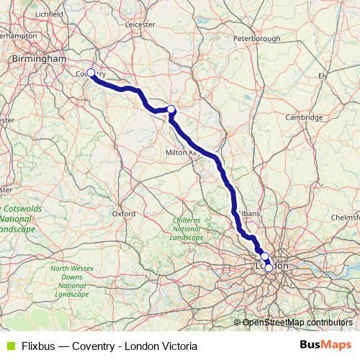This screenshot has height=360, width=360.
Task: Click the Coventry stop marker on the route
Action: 91,73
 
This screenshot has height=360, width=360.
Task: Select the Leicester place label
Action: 140,23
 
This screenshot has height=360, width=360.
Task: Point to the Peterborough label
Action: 256,58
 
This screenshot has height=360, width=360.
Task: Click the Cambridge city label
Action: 303,117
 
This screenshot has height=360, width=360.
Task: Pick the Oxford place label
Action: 124,213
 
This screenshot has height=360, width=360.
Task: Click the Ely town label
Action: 323,75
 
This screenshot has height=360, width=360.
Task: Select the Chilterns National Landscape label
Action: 187,228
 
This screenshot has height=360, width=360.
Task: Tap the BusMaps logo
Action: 326,345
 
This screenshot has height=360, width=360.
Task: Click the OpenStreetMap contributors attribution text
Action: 297,323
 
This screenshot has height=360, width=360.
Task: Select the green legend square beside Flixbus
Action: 9,346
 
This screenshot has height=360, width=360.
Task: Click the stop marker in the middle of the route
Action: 171,109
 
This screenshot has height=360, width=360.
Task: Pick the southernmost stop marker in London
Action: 269,268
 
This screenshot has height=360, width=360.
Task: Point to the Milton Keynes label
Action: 180,153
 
